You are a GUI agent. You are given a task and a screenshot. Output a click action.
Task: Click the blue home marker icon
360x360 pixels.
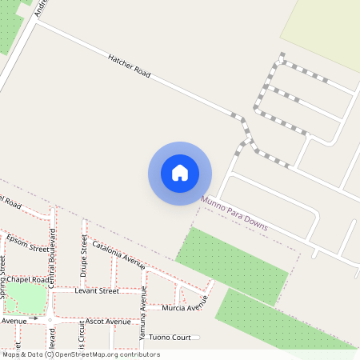tap(180, 173)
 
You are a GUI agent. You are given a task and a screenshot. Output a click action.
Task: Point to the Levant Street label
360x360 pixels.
tap(96, 291)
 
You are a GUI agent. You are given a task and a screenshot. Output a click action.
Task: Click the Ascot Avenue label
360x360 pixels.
tap(107, 321)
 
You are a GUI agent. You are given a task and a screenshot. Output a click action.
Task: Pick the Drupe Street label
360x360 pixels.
tap(84, 258)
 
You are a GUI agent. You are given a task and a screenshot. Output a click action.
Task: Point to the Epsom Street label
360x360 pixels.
tap(27, 242)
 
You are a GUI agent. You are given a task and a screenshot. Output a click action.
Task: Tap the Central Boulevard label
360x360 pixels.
tap(52, 260)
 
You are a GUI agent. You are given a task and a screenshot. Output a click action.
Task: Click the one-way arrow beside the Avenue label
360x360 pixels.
tap(34, 319)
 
